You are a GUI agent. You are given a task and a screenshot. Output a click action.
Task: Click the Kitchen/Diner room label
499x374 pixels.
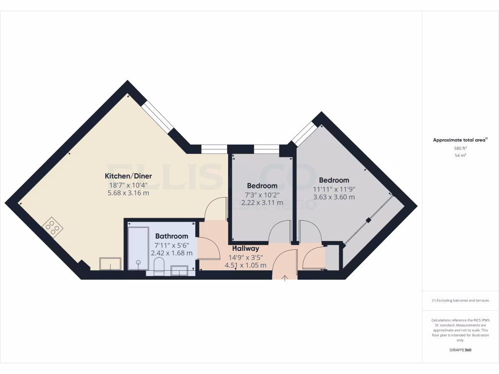tap(129, 176)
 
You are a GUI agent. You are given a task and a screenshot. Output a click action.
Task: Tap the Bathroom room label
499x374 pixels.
tap(171, 236)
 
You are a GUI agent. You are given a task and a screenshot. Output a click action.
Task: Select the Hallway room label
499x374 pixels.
tap(246, 248)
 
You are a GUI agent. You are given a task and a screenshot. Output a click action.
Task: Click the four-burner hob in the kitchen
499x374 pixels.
tap(53, 227)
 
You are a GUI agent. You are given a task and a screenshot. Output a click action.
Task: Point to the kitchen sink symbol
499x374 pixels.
tap(111, 263)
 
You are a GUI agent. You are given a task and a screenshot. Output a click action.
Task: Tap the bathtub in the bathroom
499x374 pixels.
tap(138, 246)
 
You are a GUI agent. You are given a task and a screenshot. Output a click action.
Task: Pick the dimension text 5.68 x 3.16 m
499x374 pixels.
tap(128, 193)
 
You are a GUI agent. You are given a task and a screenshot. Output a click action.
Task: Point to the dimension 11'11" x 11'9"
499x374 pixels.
tap(334, 189)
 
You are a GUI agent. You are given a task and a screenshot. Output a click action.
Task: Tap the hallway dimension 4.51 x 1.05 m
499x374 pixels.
tap(245, 265)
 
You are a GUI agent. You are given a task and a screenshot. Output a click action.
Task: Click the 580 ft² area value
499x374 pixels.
tap(460, 148)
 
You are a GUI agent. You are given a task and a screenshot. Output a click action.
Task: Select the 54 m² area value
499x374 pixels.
tap(460, 155)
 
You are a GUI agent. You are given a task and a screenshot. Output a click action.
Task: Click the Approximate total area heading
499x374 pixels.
tap(460, 140)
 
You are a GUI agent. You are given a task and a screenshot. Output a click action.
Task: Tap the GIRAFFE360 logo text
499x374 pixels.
tap(460, 350)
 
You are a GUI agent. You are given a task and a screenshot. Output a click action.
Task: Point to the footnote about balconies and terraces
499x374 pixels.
tap(460, 300)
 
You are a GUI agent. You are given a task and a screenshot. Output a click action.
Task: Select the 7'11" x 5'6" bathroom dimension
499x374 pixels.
tap(171, 245)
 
